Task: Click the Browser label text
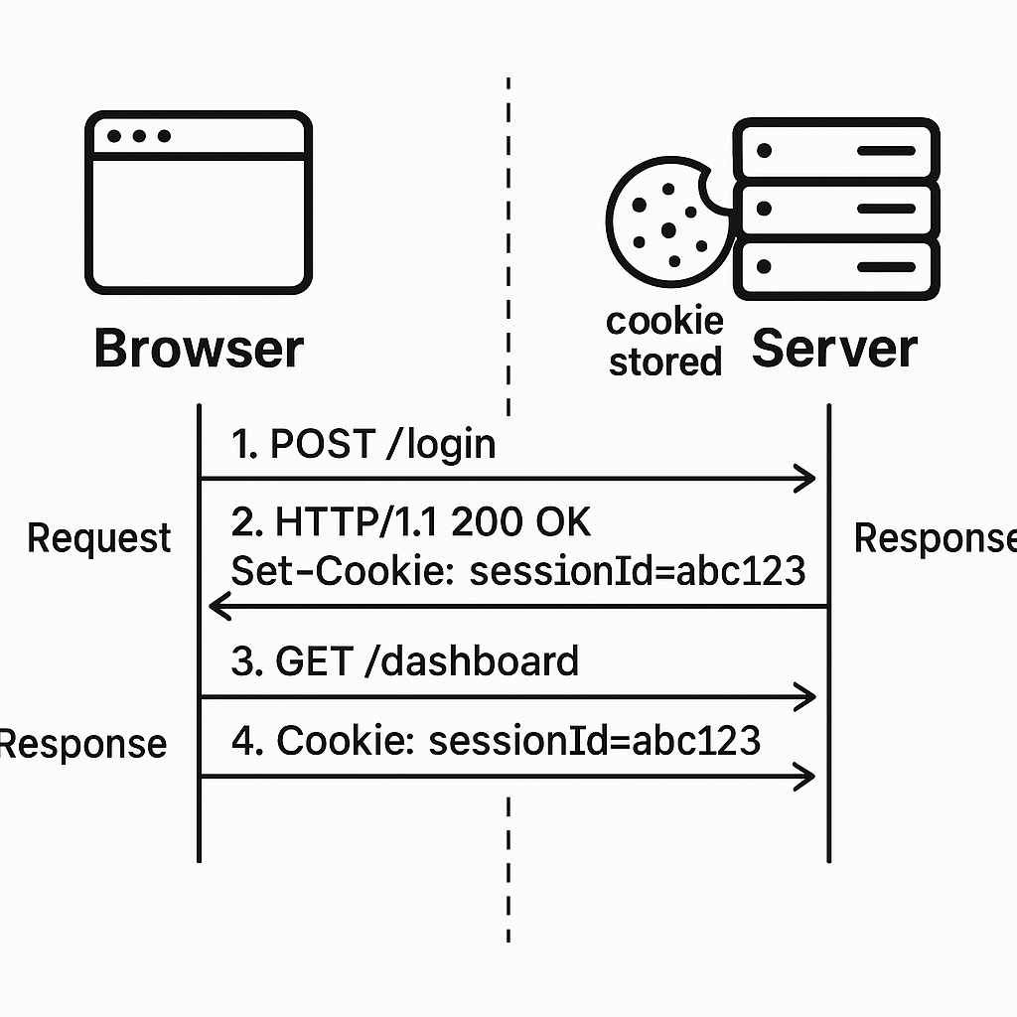point(199,350)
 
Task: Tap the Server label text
point(834,350)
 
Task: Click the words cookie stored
point(664,342)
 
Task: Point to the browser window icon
point(199,203)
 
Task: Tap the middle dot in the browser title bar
point(139,136)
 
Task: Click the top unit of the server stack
point(835,151)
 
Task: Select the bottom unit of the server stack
point(835,266)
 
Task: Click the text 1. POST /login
point(363,444)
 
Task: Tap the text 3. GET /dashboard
point(404,660)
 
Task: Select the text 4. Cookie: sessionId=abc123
point(496,740)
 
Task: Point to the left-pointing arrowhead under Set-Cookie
point(218,606)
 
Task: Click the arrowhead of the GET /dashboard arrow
point(806,697)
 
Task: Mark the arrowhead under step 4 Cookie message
point(806,776)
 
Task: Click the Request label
point(99,538)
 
